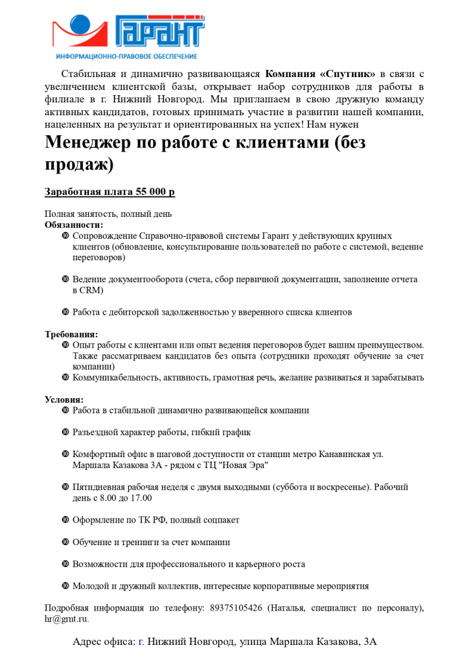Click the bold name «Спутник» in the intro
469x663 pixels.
click(x=349, y=74)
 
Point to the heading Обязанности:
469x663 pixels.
click(x=73, y=225)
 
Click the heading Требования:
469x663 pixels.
click(x=71, y=334)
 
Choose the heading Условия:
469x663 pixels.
click(x=64, y=399)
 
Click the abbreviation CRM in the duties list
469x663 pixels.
click(x=84, y=290)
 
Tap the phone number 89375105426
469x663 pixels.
click(x=236, y=607)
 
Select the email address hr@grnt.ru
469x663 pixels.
click(x=67, y=618)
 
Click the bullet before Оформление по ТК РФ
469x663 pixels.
click(x=65, y=519)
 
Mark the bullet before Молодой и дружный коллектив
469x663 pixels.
click(x=65, y=585)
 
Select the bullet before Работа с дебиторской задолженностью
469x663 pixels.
click(x=65, y=311)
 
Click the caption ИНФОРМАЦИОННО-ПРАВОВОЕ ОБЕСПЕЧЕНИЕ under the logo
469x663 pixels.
click(x=127, y=57)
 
